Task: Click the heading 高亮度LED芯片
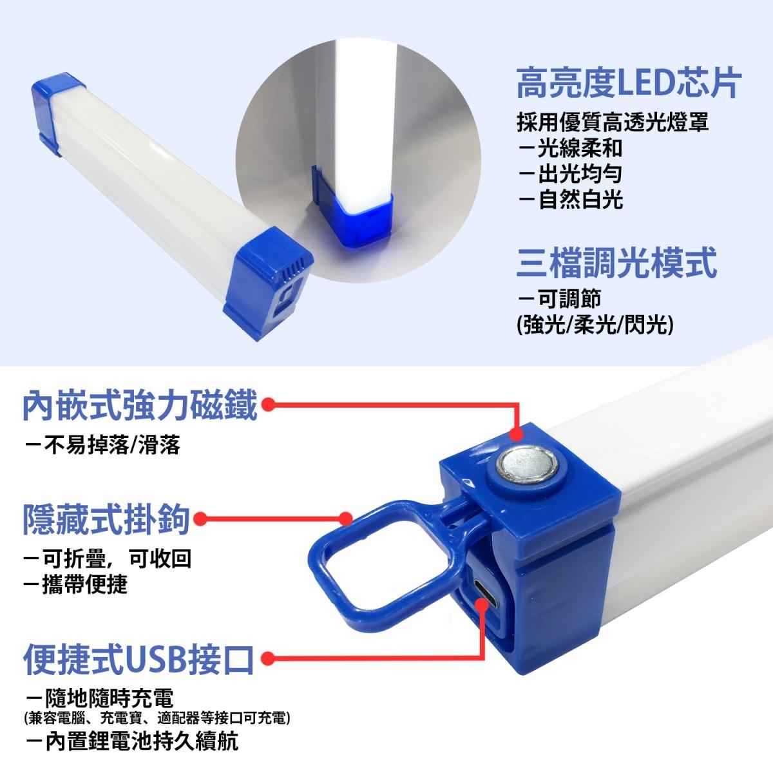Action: point(628,83)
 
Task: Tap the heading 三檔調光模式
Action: point(616,263)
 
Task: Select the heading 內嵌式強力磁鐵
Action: point(140,406)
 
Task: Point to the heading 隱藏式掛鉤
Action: point(106,519)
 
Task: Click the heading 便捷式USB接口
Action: point(138,660)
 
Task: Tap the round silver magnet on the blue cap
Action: point(527,466)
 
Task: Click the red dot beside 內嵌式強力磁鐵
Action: point(268,405)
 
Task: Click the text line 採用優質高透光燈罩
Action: point(613,122)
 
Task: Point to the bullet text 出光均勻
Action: point(580,174)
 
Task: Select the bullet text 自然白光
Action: point(580,199)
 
